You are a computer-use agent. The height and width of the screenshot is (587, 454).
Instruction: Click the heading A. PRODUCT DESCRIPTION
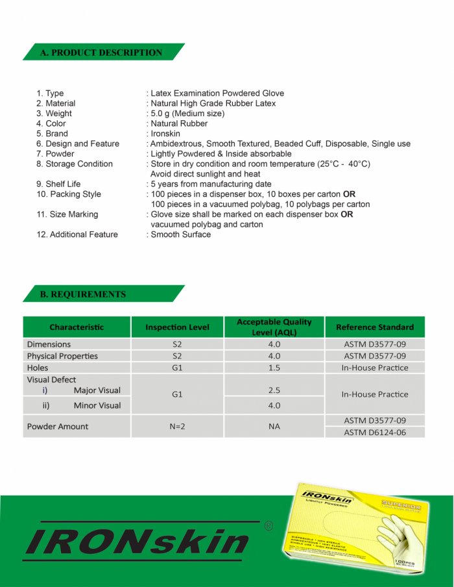click(x=101, y=53)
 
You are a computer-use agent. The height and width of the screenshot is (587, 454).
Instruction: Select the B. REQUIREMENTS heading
click(x=83, y=294)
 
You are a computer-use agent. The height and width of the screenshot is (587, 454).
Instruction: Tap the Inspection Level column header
click(x=177, y=327)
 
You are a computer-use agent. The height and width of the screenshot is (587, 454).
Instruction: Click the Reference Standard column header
click(x=374, y=327)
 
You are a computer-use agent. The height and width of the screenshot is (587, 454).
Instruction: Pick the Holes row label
click(x=38, y=368)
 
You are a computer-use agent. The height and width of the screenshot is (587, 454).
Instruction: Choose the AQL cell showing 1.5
click(x=274, y=368)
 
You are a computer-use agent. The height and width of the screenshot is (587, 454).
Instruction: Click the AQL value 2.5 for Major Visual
click(x=274, y=390)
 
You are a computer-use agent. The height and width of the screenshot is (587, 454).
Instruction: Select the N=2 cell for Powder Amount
click(x=177, y=427)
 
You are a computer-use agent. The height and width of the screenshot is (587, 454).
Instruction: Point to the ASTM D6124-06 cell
click(x=374, y=432)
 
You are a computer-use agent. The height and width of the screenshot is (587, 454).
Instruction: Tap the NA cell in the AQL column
click(x=274, y=427)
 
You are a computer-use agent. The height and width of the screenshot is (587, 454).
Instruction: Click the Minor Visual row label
click(x=97, y=406)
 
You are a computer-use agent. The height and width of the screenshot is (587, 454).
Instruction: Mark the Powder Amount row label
click(x=58, y=427)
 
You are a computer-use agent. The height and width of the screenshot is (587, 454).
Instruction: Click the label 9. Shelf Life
click(x=58, y=184)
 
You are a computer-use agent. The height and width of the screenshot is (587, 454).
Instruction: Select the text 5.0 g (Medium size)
click(x=187, y=114)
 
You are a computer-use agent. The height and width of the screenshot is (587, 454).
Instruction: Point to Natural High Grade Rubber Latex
click(x=213, y=103)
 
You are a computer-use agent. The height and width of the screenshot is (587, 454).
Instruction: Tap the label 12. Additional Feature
click(x=77, y=234)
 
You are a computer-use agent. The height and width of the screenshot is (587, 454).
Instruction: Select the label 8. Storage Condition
click(x=75, y=164)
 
